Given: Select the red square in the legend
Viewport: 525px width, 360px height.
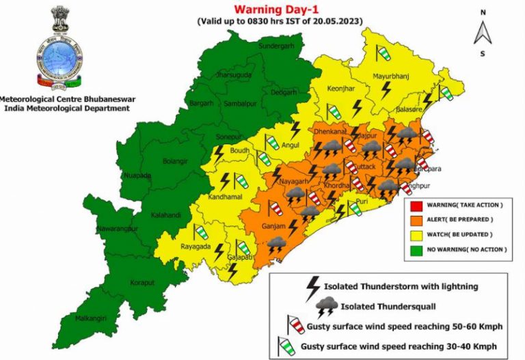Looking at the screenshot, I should coord(416,205).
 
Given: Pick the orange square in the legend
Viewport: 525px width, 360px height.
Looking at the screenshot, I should coord(416,220).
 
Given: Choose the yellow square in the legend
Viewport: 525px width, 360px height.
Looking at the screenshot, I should coord(416,234).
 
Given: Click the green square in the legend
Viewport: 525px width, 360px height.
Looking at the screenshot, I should coord(416,249).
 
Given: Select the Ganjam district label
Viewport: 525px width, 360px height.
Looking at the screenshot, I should coord(273,225).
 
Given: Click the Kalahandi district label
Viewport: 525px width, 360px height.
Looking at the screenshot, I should coord(165,214).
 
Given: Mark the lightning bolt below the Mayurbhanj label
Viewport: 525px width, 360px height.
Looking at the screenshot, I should coord(386,89).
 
